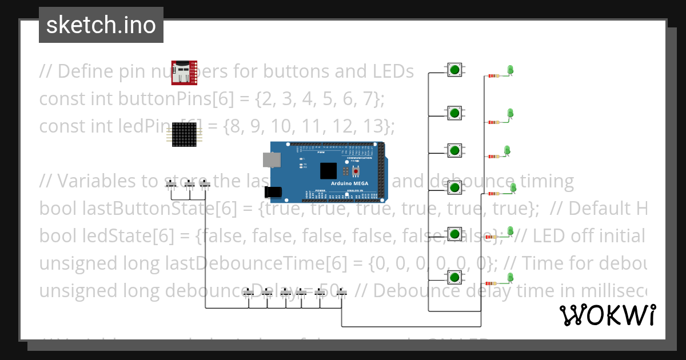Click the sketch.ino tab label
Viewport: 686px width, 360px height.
coord(101,25)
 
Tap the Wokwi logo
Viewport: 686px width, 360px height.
coord(607,315)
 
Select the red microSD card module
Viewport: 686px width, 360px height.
coord(184,72)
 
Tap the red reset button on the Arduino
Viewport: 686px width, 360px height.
coord(356,171)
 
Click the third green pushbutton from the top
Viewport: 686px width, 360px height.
coord(454,150)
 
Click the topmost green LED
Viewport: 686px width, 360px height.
coord(511,70)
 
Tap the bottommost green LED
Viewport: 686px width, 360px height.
coord(510,278)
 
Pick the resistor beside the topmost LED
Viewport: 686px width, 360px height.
coord(493,76)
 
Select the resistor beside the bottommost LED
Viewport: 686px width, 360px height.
coord(490,283)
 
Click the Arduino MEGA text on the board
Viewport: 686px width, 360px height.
coord(349,184)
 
